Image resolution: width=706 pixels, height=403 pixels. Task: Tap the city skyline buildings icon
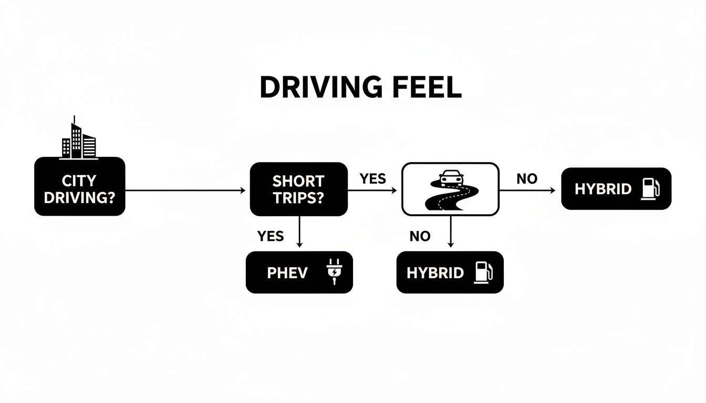(78, 139)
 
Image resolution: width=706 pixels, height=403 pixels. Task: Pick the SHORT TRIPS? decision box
(298, 189)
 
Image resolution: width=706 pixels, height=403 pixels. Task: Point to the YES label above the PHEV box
(271, 236)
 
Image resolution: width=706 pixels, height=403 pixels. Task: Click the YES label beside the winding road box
(373, 179)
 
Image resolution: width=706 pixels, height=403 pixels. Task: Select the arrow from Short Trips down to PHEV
(299, 232)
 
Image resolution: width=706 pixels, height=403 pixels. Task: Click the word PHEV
(287, 273)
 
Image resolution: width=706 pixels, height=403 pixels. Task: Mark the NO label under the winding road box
(420, 237)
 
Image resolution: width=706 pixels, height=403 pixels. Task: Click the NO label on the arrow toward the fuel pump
(527, 179)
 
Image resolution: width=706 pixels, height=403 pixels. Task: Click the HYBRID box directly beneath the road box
(450, 272)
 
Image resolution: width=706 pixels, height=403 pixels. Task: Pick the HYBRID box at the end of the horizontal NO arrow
(616, 189)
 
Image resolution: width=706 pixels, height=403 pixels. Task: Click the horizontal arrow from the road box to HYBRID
(527, 190)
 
